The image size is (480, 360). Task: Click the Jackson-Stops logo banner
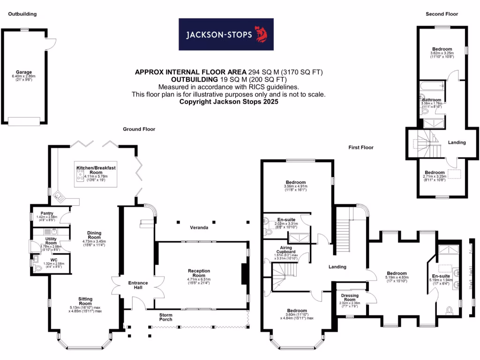pyautogui.click(x=226, y=34)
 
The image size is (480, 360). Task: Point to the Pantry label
pyautogui.click(x=46, y=212)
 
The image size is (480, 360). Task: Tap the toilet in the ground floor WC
pyautogui.click(x=38, y=269)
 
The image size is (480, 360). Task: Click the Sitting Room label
pyautogui.click(x=85, y=301)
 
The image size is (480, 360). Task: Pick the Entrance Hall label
pyautogui.click(x=138, y=285)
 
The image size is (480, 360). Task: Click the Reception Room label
pyautogui.click(x=199, y=273)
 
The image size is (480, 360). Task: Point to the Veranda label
pyautogui.click(x=199, y=228)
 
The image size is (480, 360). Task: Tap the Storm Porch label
pyautogui.click(x=165, y=317)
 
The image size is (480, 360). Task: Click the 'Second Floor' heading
pyautogui.click(x=442, y=14)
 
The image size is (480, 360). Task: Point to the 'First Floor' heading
pyautogui.click(x=360, y=147)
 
